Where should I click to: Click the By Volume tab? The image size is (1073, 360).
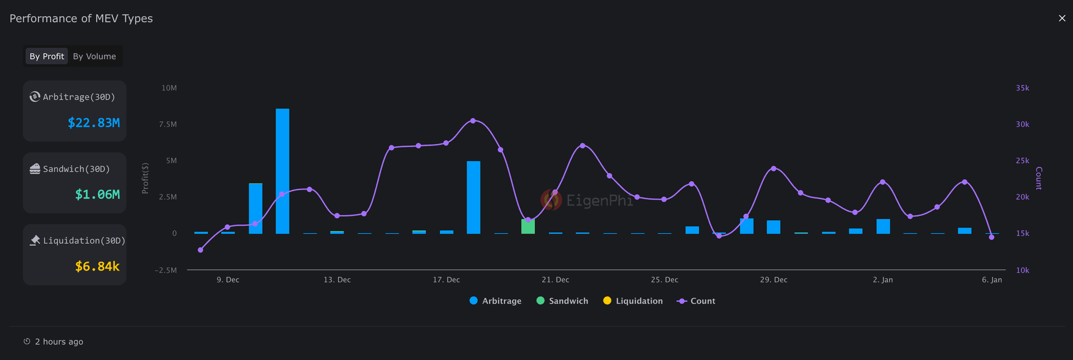click(94, 56)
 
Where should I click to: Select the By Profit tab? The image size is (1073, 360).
click(46, 56)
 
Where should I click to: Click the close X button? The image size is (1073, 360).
click(1062, 18)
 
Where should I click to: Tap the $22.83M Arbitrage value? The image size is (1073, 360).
click(93, 123)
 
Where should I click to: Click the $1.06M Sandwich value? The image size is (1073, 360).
click(97, 195)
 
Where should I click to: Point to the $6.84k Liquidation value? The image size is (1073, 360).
click(97, 267)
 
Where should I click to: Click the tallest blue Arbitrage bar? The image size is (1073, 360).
click(282, 170)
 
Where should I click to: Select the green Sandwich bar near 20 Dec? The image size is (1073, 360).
click(528, 226)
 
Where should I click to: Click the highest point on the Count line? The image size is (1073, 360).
click(473, 121)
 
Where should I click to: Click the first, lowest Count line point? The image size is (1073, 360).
click(201, 250)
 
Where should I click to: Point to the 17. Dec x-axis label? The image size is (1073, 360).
click(446, 280)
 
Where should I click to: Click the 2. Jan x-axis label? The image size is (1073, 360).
click(882, 280)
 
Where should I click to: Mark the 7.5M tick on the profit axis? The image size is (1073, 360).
click(168, 124)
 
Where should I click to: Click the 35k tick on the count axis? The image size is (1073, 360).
click(1022, 88)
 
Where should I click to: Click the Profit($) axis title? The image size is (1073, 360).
click(145, 178)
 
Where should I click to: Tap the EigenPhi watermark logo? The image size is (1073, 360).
click(551, 200)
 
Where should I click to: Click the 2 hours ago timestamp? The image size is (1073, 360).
click(59, 342)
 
